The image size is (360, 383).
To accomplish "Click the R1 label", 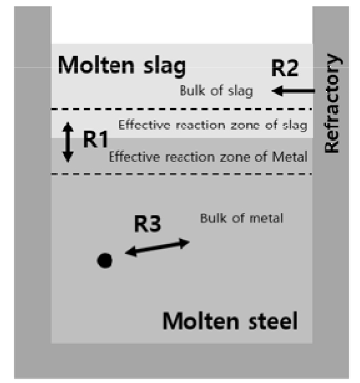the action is click(96, 139).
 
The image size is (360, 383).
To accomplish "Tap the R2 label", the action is click(285, 68).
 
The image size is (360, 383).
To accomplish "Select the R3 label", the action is click(148, 224).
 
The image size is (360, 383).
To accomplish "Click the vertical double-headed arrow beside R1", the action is click(68, 142).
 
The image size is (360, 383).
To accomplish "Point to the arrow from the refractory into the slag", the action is click(293, 91).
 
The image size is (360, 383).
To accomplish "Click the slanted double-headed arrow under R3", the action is click(157, 247).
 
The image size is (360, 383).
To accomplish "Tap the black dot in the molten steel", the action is click(105, 261).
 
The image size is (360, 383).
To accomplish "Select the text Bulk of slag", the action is click(217, 91).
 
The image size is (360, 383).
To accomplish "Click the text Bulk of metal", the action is click(241, 218).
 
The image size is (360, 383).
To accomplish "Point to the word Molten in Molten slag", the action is click(96, 65).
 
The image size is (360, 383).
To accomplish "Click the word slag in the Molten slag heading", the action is click(164, 66).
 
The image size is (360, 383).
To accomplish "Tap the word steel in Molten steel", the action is click(273, 320).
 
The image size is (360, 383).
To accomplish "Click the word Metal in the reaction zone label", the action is click(290, 157).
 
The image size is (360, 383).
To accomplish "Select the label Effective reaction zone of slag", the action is click(213, 125).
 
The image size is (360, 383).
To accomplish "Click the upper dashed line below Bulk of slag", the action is click(182, 109).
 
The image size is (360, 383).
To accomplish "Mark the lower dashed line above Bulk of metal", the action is click(182, 174).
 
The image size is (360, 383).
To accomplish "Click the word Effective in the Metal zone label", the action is click(135, 157).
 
